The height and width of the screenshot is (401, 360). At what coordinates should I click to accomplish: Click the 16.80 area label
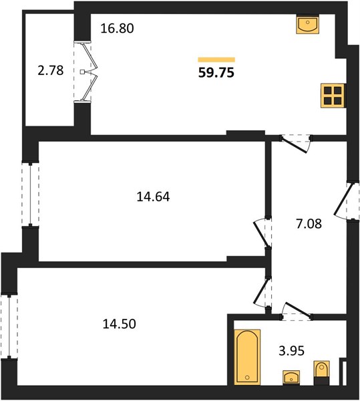point(118,28)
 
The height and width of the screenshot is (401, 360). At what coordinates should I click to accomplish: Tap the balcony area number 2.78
point(51,71)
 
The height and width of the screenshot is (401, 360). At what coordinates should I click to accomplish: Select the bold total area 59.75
point(216,73)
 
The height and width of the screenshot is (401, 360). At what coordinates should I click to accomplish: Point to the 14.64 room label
point(153,197)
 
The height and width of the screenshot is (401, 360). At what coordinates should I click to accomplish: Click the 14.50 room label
point(120,323)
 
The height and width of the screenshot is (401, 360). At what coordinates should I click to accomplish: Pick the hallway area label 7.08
point(309,224)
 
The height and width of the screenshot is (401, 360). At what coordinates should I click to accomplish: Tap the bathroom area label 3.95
point(291,351)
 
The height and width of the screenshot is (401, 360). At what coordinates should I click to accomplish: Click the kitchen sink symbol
point(308,24)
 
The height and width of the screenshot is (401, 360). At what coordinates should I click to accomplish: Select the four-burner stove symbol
point(333,96)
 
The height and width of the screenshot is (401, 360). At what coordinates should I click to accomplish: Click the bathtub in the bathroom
point(247,357)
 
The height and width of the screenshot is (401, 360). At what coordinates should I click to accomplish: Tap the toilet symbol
point(322,373)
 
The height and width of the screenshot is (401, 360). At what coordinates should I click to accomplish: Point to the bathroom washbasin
point(291,378)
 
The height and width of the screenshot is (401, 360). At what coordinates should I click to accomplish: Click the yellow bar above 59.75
point(216,60)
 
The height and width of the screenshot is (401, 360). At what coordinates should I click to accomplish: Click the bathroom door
point(297,310)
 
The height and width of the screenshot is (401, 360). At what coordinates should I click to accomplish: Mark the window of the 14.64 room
point(31,194)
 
